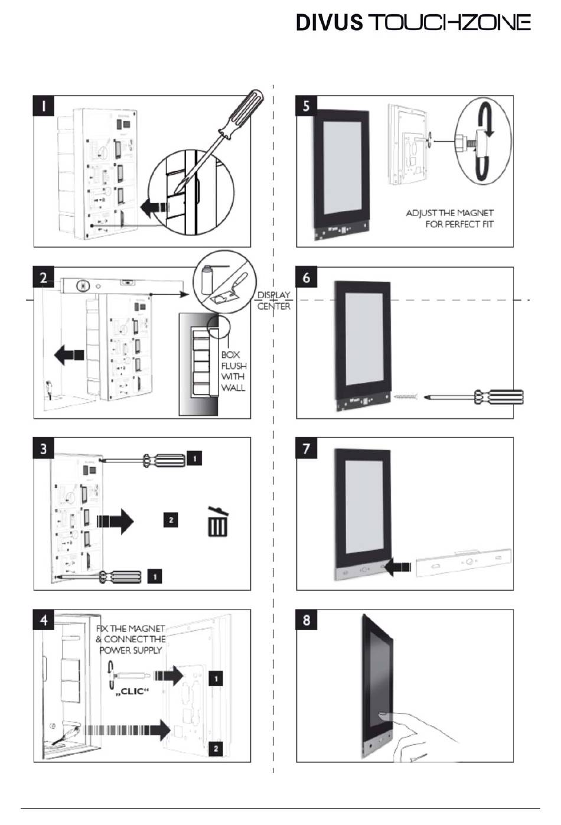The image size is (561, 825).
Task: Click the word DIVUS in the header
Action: [x=329, y=22]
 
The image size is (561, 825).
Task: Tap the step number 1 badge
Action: [x=44, y=106]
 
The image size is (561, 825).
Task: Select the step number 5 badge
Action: [x=306, y=106]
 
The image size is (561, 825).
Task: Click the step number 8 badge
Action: [x=306, y=620]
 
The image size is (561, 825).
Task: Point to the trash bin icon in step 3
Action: [x=218, y=521]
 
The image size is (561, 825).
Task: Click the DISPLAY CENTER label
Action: [x=273, y=301]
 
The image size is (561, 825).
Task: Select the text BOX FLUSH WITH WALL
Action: [x=233, y=371]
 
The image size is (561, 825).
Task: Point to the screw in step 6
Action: [x=406, y=397]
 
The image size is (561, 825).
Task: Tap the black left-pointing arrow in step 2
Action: [x=69, y=355]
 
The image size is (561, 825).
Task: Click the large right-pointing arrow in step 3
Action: [x=115, y=521]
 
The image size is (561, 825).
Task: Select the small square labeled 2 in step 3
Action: [x=171, y=520]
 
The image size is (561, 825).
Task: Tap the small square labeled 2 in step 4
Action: [x=216, y=748]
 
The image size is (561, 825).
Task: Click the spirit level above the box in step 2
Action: [x=121, y=285]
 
